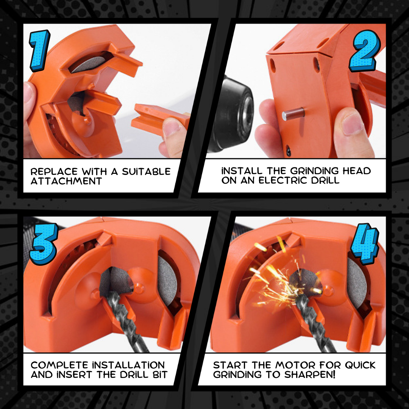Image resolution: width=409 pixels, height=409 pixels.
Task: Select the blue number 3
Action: (44, 244)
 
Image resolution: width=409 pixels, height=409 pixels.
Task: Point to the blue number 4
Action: (365, 244)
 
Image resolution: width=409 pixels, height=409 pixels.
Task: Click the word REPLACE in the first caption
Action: (54, 172)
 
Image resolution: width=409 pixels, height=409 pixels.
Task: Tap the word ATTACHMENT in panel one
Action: (66, 181)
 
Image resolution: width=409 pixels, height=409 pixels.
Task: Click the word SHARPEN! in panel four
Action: (310, 375)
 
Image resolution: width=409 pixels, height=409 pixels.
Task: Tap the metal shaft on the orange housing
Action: (293, 114)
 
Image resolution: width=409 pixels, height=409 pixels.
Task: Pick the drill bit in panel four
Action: (315, 323)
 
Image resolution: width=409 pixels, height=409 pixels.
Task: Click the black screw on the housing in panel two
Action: (289, 151)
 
